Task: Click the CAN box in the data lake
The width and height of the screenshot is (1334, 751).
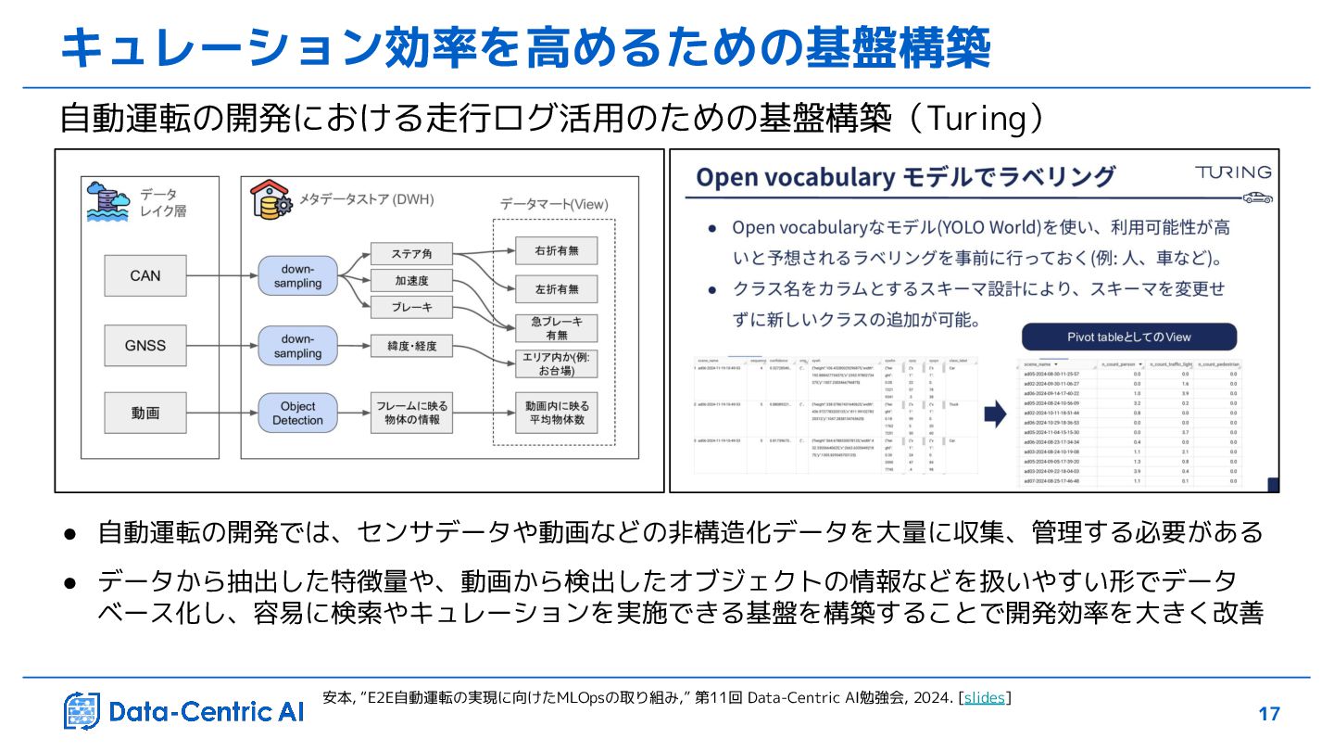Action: click(145, 275)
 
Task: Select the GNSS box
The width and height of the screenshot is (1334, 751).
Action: click(145, 345)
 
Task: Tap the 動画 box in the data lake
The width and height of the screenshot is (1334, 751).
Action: click(145, 414)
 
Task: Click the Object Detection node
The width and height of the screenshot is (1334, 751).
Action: click(297, 414)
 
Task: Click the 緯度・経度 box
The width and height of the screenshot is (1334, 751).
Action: click(411, 346)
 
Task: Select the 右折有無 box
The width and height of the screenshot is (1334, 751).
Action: click(556, 250)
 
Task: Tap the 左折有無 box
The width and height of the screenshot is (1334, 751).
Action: click(556, 290)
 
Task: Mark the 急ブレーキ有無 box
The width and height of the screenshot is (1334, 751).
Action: click(556, 327)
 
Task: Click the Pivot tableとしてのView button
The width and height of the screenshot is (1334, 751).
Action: click(1128, 337)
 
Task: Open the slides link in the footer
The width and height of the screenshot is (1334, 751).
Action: click(984, 697)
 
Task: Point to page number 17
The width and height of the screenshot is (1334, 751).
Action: click(1269, 714)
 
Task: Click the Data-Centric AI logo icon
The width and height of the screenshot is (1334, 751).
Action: click(82, 711)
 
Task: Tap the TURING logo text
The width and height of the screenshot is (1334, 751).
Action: click(1232, 172)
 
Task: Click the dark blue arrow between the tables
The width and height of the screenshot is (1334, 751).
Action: click(995, 414)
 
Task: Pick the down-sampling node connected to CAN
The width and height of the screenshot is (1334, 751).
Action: click(297, 275)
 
